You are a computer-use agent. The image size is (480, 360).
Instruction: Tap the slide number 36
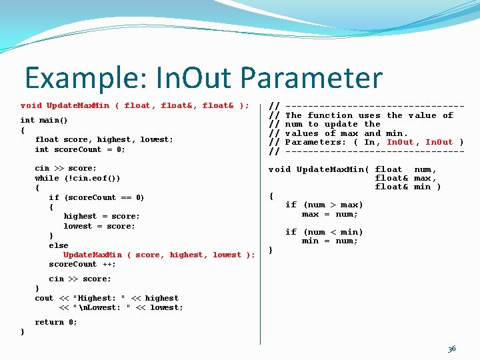click(x=452, y=349)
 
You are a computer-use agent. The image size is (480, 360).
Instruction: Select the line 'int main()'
click(x=44, y=121)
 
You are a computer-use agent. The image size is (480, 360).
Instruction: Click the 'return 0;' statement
click(x=56, y=322)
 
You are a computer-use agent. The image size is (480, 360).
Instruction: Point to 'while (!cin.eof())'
click(x=77, y=178)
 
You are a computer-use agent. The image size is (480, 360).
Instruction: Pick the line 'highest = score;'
click(x=101, y=216)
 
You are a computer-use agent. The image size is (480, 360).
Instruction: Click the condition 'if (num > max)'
click(x=324, y=205)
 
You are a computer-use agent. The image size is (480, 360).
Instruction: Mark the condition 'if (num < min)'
click(x=324, y=232)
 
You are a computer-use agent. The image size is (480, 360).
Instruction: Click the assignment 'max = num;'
click(x=330, y=214)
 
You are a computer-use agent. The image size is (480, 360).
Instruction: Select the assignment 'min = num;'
click(x=330, y=241)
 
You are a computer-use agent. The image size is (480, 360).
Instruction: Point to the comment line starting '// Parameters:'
click(x=366, y=142)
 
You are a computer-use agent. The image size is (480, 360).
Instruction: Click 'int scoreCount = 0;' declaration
click(x=80, y=149)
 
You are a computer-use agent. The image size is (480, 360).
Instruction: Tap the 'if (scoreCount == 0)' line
click(x=96, y=197)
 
